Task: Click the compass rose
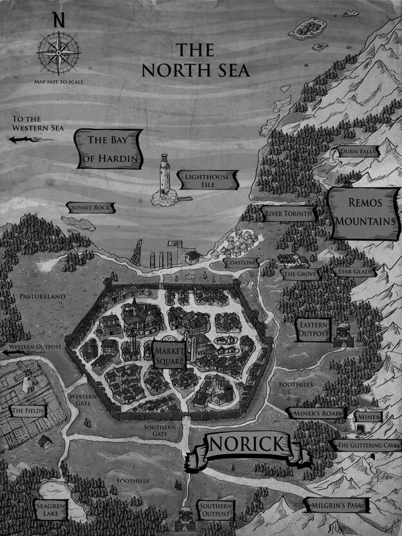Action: tap(58, 51)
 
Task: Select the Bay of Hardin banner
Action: tap(110, 148)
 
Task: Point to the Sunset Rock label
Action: tap(90, 207)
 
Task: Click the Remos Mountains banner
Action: tap(365, 211)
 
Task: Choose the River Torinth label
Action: tap(289, 213)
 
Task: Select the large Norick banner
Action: tap(247, 446)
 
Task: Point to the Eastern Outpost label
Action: tap(314, 330)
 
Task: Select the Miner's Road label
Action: tap(316, 413)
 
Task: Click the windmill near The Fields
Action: tap(26, 374)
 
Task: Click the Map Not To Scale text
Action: tap(59, 82)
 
